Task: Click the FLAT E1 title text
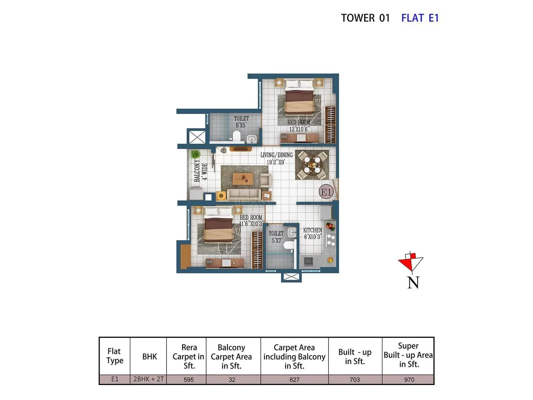coord(420,18)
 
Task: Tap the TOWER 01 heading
coord(365,18)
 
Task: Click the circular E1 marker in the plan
coord(326,192)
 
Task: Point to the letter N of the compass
coord(413,283)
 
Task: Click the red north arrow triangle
coord(407,263)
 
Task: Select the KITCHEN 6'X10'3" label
coord(312,233)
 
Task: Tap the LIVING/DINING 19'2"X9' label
coord(276,159)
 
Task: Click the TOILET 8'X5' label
coord(241,122)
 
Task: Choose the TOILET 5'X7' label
coord(276,237)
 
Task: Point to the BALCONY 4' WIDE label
coord(201,171)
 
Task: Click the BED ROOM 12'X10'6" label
coord(299,126)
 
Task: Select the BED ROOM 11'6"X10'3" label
coord(251,220)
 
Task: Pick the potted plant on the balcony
coord(195,154)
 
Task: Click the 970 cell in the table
coord(409,379)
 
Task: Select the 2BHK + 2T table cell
coord(149,379)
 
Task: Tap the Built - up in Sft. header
coord(355,357)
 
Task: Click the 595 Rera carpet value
coord(189,379)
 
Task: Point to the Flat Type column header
coord(115,356)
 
